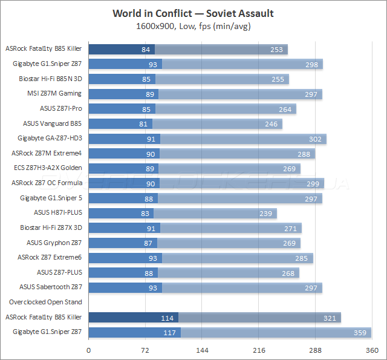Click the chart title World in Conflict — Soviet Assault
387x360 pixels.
tap(193, 13)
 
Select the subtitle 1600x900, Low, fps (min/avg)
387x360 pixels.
tap(193, 26)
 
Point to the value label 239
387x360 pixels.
tap(265, 212)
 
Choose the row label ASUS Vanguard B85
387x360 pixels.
tap(53, 123)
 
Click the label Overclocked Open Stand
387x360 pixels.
tap(45, 302)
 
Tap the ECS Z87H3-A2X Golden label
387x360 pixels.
tap(48, 168)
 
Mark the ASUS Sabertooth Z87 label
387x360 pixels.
tap(51, 287)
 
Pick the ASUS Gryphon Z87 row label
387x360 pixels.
tap(54, 242)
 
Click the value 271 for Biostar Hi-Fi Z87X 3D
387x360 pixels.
tap(290, 227)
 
